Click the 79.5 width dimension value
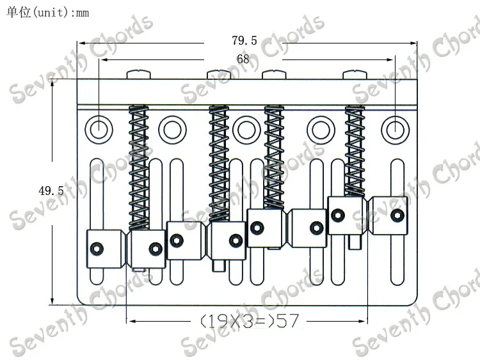click(x=244, y=40)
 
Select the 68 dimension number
click(x=243, y=59)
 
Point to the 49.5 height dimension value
click(x=51, y=191)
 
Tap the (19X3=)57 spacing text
click(x=249, y=321)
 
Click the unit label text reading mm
click(x=82, y=13)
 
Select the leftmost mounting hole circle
click(x=99, y=130)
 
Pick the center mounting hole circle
click(x=246, y=130)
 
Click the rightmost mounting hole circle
click(x=396, y=130)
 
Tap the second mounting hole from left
click(x=172, y=130)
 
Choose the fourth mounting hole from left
click(x=321, y=130)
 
